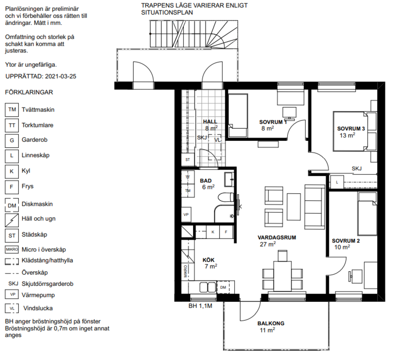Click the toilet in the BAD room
pyautogui.click(x=226, y=198)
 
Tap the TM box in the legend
pyautogui.click(x=12, y=110)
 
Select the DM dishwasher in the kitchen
pyautogui.click(x=223, y=287)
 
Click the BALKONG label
pyautogui.click(x=271, y=324)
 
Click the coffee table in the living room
pyautogui.click(x=294, y=207)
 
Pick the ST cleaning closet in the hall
pyautogui.click(x=188, y=160)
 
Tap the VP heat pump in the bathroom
pyautogui.click(x=186, y=215)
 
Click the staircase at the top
pyautogui.click(x=194, y=34)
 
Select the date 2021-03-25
pyautogui.click(x=61, y=77)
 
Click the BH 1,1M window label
pyautogui.click(x=200, y=306)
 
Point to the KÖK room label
pyautogui.click(x=208, y=260)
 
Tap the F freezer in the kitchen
pyautogui.click(x=226, y=232)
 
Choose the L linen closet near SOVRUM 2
pyautogui.click(x=337, y=182)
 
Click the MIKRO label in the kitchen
pyautogui.click(x=185, y=271)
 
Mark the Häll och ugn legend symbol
pyautogui.click(x=12, y=220)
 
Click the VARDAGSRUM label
pyautogui.click(x=277, y=238)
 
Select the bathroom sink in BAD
pyautogui.click(x=229, y=179)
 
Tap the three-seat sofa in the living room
pyautogui.click(x=315, y=207)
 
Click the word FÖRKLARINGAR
pyautogui.click(x=29, y=93)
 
